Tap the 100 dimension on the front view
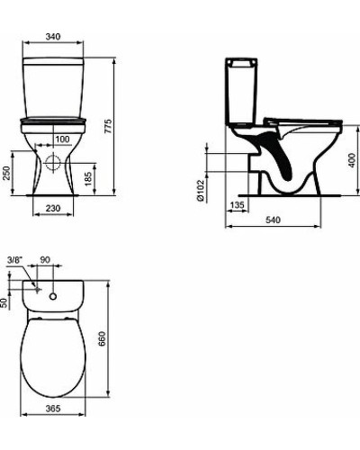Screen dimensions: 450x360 pyautogui.click(x=62, y=139)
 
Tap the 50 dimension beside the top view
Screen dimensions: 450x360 pyautogui.click(x=4, y=302)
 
